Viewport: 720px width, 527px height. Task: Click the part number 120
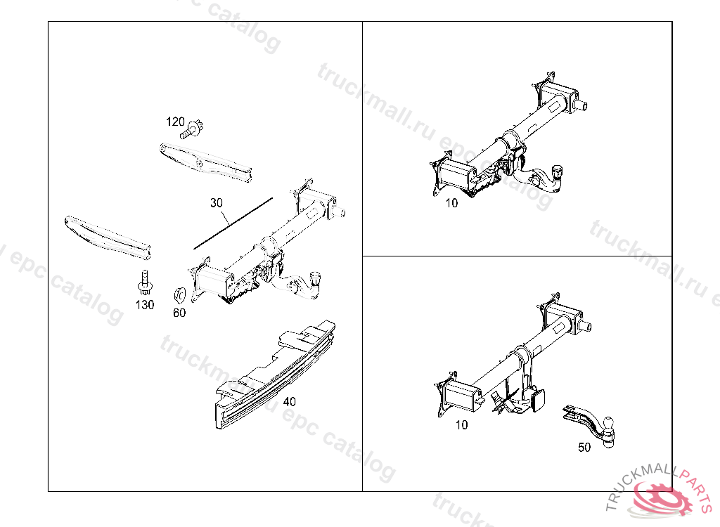(x=175, y=122)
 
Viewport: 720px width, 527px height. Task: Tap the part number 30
(x=217, y=202)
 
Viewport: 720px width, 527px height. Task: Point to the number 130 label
(x=145, y=305)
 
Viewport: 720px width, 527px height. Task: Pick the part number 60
(x=179, y=313)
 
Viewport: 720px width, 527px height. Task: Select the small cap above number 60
(x=179, y=294)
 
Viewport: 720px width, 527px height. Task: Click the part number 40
(x=289, y=402)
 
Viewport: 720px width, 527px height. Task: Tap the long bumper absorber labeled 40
(x=275, y=375)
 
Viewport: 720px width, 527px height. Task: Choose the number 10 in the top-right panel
(x=452, y=203)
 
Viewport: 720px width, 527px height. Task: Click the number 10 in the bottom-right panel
(x=461, y=425)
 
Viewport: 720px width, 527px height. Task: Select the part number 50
(x=584, y=447)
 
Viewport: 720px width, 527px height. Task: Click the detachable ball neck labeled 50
(x=589, y=423)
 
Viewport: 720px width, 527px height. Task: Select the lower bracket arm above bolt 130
(x=108, y=237)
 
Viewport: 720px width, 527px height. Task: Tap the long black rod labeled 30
(x=233, y=223)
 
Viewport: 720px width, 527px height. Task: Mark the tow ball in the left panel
(x=316, y=277)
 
